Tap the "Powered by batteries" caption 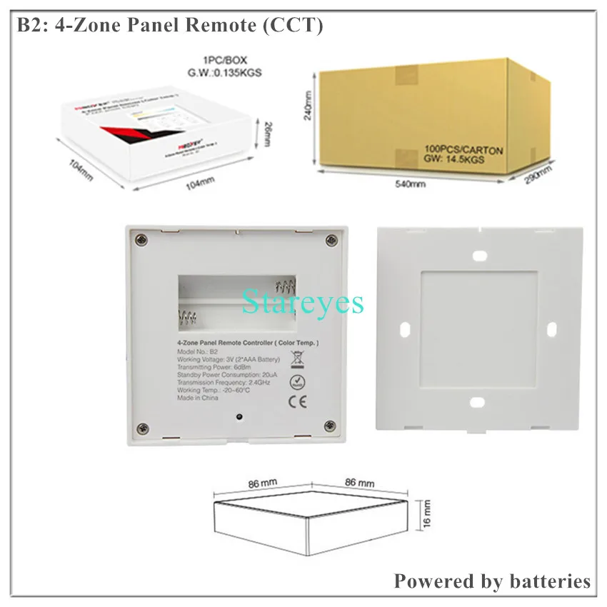(x=492, y=581)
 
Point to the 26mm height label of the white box (x=268, y=132)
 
